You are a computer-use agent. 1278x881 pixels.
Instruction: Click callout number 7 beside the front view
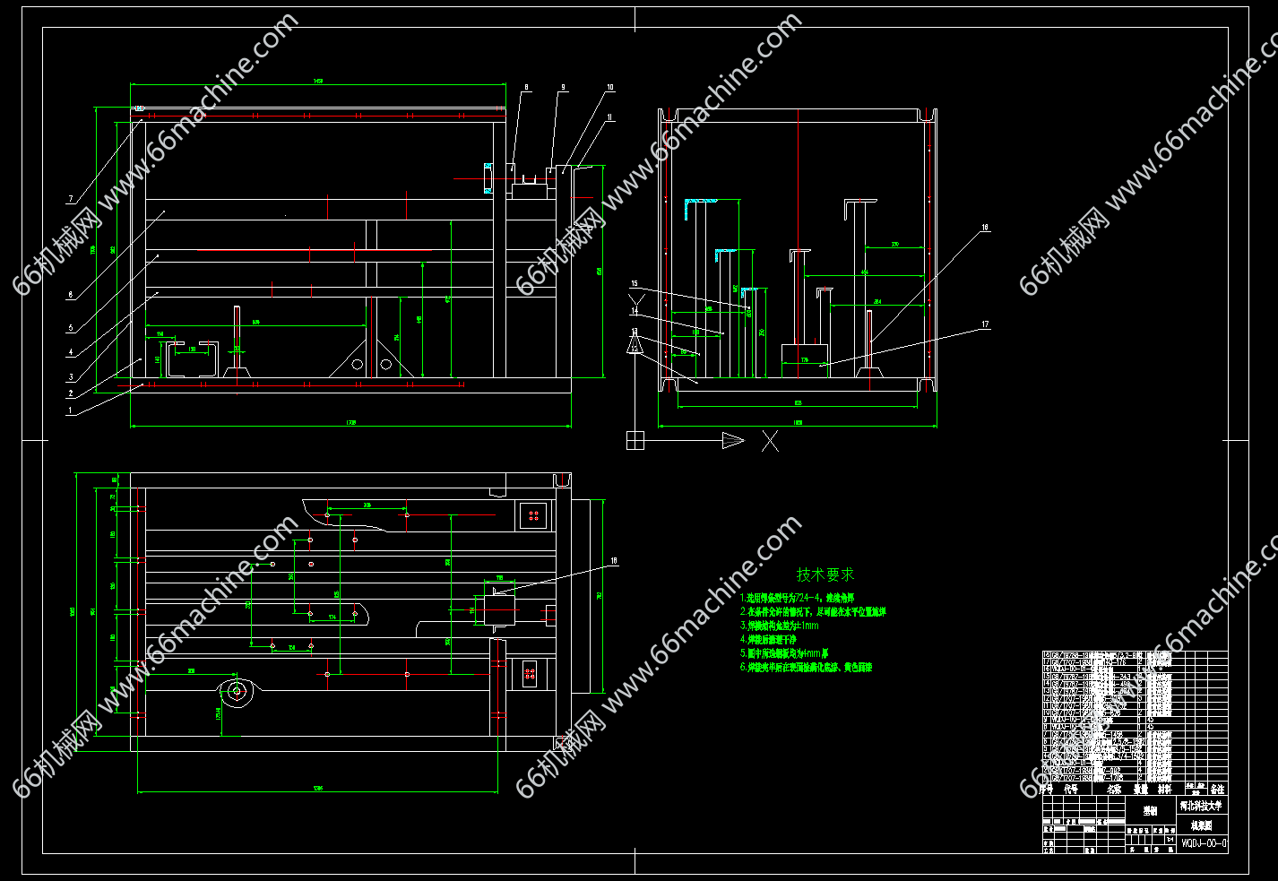click(70, 199)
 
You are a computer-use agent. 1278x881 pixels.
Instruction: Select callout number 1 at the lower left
click(70, 411)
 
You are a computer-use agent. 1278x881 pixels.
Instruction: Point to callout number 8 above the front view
click(526, 88)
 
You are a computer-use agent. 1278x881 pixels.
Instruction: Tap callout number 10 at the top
click(610, 88)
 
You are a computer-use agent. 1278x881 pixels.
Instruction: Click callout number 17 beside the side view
click(985, 324)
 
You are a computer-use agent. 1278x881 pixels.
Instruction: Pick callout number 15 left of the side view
click(635, 284)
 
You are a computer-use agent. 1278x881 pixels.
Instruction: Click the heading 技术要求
click(825, 574)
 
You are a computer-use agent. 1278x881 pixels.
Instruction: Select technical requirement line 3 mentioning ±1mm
click(780, 626)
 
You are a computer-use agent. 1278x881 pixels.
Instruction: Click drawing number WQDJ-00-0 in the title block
click(1204, 843)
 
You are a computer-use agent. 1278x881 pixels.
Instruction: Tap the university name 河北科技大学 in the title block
click(1200, 805)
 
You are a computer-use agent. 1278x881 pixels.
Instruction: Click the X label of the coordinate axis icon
click(770, 441)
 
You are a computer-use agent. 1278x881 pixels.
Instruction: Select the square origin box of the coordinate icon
click(635, 440)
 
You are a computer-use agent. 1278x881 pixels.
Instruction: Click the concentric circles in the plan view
click(237, 691)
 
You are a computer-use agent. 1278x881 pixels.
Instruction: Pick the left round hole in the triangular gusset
click(357, 364)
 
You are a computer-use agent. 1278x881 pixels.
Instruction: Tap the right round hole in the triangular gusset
click(386, 364)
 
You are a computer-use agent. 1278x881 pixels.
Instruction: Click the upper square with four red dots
click(533, 515)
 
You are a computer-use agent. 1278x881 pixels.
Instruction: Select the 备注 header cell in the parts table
click(1217, 790)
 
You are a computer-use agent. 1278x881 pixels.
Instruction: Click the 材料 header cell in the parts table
click(1164, 790)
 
